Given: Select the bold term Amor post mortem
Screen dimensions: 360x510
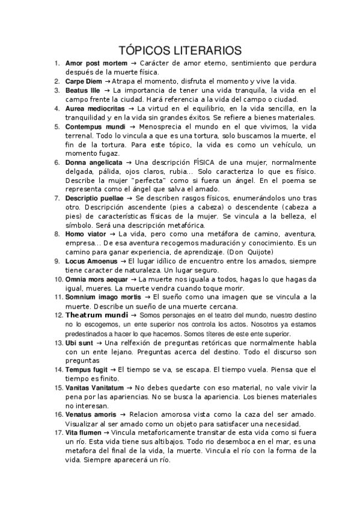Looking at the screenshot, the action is pos(96,63).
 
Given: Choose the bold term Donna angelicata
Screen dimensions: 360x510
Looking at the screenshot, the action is pos(94,162).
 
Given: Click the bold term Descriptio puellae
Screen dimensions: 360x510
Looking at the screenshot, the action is pos(94,198).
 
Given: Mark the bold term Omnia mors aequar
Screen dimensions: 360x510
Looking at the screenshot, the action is pos(97,279).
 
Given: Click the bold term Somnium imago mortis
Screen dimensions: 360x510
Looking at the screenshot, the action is pos(102,297).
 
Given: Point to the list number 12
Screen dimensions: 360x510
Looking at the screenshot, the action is pos(57,315).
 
